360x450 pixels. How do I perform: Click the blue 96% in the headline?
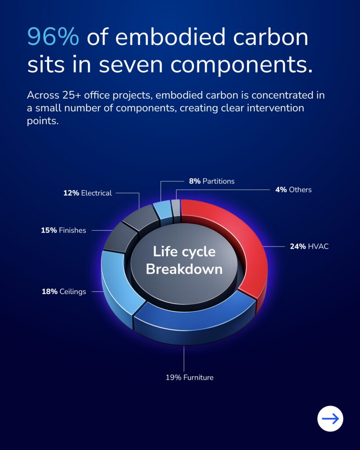[x=53, y=37]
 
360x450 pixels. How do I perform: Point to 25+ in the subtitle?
[x=72, y=95]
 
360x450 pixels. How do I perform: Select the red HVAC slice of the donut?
[x=250, y=247]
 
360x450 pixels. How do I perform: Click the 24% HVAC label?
[x=309, y=246]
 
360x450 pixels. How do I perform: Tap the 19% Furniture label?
[x=189, y=377]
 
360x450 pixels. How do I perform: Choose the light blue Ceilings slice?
[x=118, y=284]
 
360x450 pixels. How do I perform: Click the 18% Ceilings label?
[x=64, y=292]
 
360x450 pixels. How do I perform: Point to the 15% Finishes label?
[x=63, y=230]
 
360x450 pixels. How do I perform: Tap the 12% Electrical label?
[x=87, y=193]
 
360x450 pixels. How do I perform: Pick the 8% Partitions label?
[x=211, y=181]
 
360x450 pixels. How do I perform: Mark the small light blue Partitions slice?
[x=163, y=210]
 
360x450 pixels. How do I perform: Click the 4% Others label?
[x=293, y=190]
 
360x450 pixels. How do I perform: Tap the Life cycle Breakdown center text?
[x=184, y=260]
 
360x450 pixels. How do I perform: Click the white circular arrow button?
[x=330, y=419]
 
